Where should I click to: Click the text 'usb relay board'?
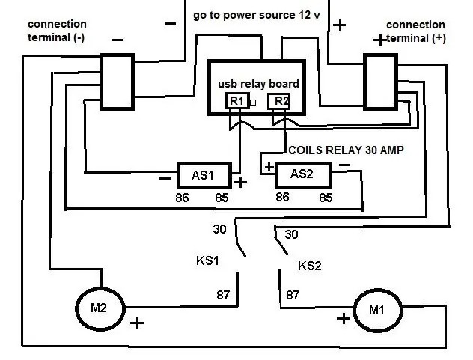(258, 84)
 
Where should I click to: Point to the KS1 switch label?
(207, 260)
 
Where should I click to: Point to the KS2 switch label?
(310, 266)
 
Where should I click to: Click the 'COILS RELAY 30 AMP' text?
(346, 150)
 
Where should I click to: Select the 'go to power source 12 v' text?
(257, 15)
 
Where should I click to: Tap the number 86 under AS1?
(182, 198)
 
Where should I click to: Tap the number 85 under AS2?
(326, 198)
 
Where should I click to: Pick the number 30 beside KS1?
(219, 229)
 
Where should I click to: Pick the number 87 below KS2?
(293, 295)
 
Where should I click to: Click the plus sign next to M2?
(137, 323)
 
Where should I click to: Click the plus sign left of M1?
(344, 319)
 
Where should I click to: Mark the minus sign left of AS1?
(165, 179)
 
